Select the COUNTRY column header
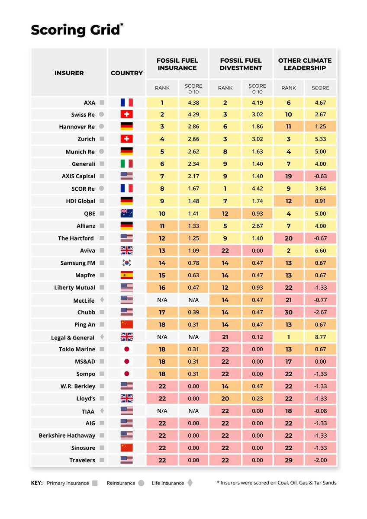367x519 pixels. coord(126,73)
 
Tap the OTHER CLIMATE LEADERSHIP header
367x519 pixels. coord(305,64)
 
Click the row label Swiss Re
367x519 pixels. coord(83,115)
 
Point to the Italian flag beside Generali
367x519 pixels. coord(126,164)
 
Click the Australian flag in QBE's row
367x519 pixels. coord(126,213)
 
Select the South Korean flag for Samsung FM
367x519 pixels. coord(126,263)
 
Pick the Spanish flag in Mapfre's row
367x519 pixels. coord(126,275)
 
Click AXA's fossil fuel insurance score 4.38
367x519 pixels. coord(193,103)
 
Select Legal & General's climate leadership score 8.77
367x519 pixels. coord(320,337)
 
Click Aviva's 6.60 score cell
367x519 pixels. coord(320,250)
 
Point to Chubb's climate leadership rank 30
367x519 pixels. coord(288,312)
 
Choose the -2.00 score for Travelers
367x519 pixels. coord(320,460)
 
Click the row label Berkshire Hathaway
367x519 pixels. coord(67,436)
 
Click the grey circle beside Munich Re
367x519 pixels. coord(101,152)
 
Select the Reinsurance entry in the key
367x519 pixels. coord(121,483)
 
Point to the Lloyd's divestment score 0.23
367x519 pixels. coord(257,398)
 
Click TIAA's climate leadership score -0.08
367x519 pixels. coord(320,411)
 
